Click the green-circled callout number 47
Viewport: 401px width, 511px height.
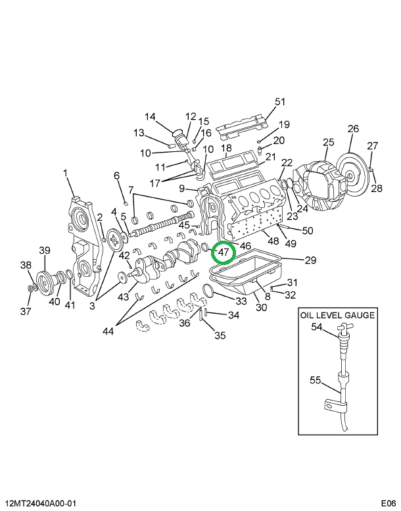pos(223,252)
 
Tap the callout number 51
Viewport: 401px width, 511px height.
pos(280,102)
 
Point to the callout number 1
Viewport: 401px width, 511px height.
pos(66,173)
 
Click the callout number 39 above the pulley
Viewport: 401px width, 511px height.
pos(45,250)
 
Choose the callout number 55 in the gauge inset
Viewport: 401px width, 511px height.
pos(315,379)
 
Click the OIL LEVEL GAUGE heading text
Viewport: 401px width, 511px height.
pos(338,315)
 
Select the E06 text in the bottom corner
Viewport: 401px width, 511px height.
pos(388,503)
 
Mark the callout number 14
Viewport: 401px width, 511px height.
pos(150,118)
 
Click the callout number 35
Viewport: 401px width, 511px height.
pos(220,335)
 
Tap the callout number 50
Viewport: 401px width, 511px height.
pos(308,230)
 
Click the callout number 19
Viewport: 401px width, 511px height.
pos(284,125)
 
